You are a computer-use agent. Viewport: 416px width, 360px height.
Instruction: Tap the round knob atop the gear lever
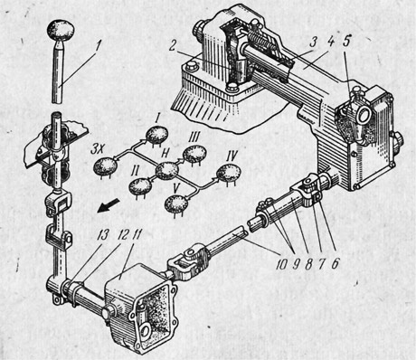(61, 30)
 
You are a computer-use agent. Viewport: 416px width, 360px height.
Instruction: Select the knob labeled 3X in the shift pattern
(105, 166)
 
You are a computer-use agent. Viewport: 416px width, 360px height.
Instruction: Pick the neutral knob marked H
(166, 170)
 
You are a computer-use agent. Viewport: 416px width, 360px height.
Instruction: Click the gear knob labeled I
(156, 135)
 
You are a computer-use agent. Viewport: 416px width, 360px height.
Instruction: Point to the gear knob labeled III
(194, 154)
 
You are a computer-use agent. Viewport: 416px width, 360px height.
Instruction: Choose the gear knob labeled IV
(229, 173)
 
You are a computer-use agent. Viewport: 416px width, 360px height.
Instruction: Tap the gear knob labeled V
(176, 204)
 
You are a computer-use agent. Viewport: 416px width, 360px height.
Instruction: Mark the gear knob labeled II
(140, 186)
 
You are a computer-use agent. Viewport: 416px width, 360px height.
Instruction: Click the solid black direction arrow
(108, 207)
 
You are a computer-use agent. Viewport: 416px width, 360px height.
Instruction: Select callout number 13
(102, 239)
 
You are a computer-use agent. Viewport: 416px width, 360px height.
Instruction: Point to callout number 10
(282, 263)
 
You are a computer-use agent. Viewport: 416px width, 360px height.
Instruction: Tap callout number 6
(335, 263)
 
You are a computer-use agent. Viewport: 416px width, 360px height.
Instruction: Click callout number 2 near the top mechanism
(172, 47)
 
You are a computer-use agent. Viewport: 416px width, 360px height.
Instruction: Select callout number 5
(346, 41)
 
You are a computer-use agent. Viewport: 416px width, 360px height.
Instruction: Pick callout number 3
(314, 43)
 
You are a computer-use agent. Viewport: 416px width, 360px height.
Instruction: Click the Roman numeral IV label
(232, 156)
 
